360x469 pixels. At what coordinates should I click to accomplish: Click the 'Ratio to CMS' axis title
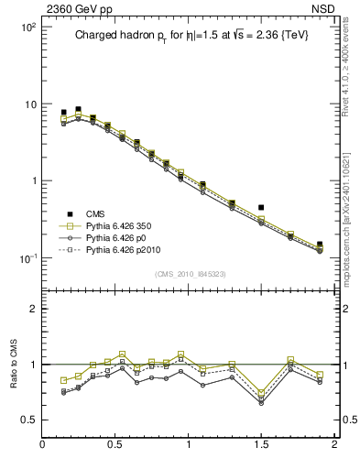click(x=13, y=364)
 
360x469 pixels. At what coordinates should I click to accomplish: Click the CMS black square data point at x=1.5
click(x=261, y=208)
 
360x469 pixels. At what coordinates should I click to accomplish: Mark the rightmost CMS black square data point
click(x=320, y=245)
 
